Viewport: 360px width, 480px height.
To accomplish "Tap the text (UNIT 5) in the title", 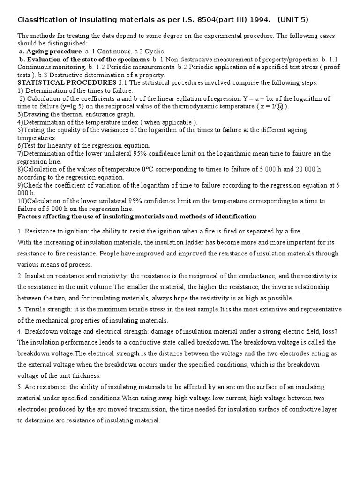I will (293, 20).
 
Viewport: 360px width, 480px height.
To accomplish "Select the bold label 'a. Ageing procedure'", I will (50, 52).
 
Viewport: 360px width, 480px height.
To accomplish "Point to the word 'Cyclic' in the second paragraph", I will (155, 52).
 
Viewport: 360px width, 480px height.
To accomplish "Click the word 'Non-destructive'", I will (189, 60).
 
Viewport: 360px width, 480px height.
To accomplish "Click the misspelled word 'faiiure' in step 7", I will (309, 154).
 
